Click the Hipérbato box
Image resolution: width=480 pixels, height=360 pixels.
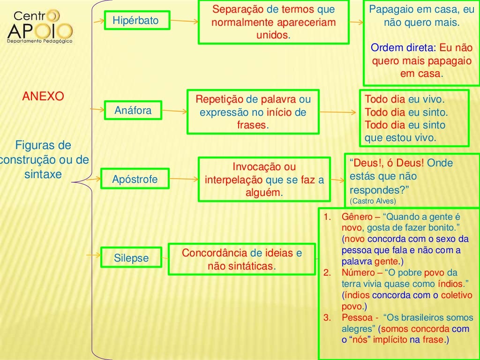click(x=136, y=21)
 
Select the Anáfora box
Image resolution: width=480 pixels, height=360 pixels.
click(x=133, y=111)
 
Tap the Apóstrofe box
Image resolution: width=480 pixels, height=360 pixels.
click(x=135, y=179)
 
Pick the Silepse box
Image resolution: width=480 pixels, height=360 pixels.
click(x=131, y=258)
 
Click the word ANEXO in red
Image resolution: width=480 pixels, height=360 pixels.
click(x=43, y=97)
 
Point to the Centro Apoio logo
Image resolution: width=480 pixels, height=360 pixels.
click(x=40, y=26)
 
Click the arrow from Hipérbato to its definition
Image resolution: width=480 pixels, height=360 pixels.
click(x=183, y=22)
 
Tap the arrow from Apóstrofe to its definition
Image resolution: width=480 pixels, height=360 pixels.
click(x=183, y=179)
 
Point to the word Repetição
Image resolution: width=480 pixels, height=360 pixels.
click(x=219, y=99)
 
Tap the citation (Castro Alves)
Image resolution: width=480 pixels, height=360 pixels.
click(x=373, y=201)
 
